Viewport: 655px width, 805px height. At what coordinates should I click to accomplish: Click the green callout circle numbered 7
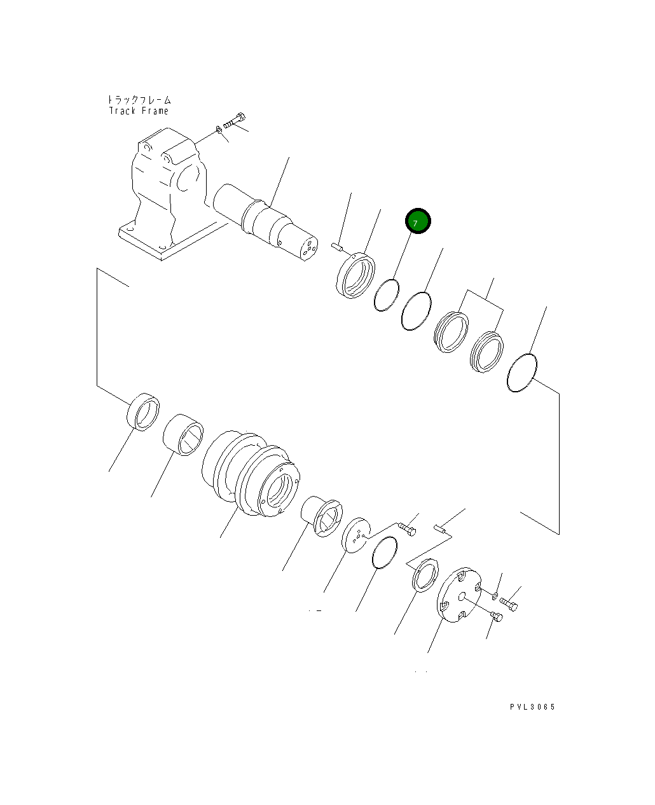click(x=418, y=221)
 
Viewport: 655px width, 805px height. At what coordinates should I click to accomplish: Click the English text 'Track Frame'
click(x=139, y=111)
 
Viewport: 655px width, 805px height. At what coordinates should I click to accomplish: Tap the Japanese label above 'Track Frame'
click(x=139, y=100)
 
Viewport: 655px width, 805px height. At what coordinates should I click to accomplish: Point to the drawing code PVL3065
click(x=532, y=707)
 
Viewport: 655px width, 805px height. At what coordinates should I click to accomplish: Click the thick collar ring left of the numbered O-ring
click(x=355, y=275)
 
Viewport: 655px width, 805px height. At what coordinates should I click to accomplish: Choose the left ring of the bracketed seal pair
click(x=450, y=331)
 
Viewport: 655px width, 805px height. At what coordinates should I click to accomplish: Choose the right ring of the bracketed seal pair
click(x=486, y=352)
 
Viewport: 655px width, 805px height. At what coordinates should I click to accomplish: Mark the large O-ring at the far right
click(x=522, y=373)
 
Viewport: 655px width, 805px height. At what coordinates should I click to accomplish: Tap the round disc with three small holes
click(x=355, y=535)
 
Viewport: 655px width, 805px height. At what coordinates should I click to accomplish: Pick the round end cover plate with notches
click(x=459, y=595)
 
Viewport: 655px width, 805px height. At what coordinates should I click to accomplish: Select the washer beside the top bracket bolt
click(x=219, y=130)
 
